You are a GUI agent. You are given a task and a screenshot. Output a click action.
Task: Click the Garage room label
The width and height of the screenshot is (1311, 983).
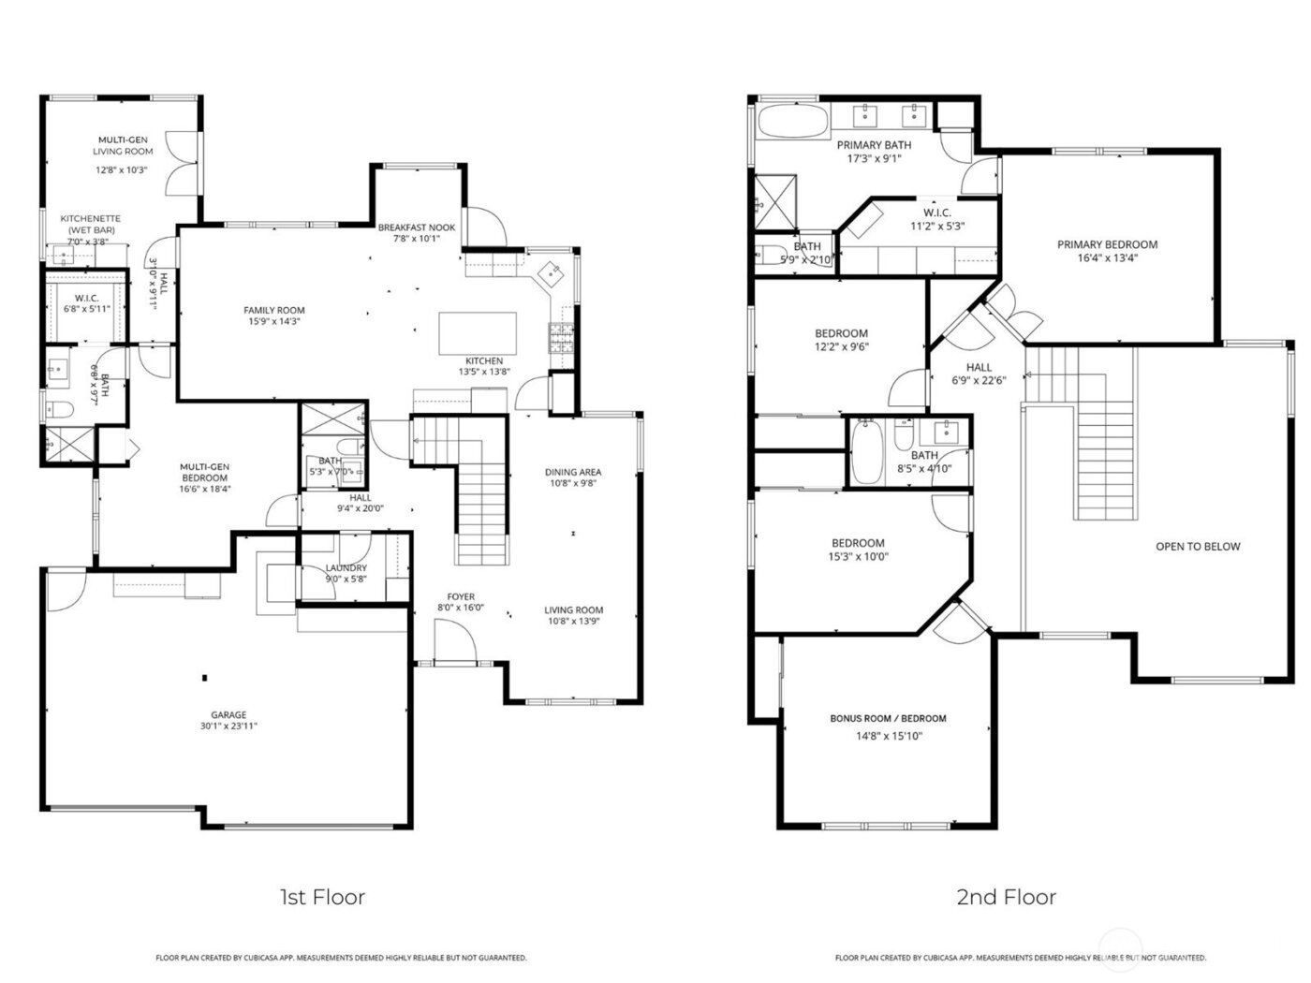(x=228, y=714)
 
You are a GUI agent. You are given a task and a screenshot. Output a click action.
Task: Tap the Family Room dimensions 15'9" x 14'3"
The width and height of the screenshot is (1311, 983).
(x=274, y=322)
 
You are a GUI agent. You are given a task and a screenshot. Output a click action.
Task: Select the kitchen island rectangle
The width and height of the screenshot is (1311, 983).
(x=478, y=333)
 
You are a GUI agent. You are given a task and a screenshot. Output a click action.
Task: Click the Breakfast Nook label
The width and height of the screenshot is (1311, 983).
(x=416, y=227)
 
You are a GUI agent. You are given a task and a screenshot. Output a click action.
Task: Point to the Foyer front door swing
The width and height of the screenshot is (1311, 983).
(x=454, y=643)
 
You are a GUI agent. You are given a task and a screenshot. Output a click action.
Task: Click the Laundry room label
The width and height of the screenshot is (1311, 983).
(x=346, y=567)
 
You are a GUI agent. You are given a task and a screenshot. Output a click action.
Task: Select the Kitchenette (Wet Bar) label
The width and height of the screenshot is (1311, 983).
(x=91, y=224)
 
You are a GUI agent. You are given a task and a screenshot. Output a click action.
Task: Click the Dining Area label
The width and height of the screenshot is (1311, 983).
(x=573, y=472)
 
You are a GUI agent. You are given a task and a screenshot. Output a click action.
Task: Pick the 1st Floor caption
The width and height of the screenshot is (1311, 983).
(x=322, y=897)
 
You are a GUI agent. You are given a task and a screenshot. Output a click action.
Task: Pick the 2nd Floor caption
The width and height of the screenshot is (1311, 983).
(x=1006, y=897)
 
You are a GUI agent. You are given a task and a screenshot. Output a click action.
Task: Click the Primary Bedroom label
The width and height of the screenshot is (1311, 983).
(x=1107, y=244)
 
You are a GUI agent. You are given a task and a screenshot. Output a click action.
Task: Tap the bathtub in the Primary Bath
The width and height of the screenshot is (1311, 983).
(x=791, y=122)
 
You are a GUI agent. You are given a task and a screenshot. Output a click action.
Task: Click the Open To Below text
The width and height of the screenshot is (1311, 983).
(x=1198, y=547)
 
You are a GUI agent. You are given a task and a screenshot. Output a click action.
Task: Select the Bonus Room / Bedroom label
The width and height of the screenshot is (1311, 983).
(x=888, y=718)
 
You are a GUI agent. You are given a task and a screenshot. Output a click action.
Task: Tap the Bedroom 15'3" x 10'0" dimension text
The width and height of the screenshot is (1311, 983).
(x=858, y=556)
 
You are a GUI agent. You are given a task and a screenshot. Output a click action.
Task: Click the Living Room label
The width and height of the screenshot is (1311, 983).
(x=574, y=609)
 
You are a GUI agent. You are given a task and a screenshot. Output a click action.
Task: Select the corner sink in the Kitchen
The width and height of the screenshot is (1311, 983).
(x=551, y=271)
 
